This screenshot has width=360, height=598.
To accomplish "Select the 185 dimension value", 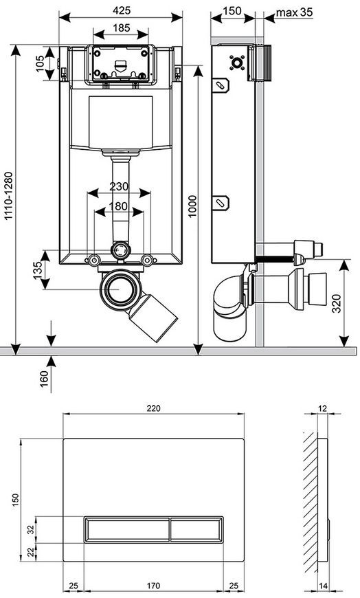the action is click(x=122, y=27).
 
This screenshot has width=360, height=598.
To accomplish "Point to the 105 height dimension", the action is click(x=40, y=63).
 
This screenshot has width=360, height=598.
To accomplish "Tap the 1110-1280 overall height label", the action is click(x=8, y=196).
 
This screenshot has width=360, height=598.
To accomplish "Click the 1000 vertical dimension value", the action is click(x=192, y=206).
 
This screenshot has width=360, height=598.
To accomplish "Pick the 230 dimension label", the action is click(x=119, y=187).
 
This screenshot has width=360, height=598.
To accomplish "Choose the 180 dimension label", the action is click(x=119, y=206).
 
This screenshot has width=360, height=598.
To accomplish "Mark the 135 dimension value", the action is click(x=38, y=270).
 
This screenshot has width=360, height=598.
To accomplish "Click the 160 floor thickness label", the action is click(x=44, y=379).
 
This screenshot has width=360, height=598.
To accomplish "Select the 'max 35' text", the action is click(x=294, y=12).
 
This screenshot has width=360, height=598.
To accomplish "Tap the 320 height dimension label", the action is click(x=336, y=304).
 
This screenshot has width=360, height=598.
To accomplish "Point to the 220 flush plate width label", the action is click(x=154, y=408).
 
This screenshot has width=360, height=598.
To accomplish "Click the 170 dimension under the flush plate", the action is click(x=153, y=586).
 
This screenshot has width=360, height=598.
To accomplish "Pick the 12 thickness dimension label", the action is click(x=323, y=408).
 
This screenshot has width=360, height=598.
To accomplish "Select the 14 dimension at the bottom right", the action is click(x=323, y=586).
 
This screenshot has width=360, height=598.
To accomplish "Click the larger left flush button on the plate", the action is click(x=126, y=529).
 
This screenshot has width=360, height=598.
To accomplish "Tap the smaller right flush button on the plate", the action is click(x=196, y=529).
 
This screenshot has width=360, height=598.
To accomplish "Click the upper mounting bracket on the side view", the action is click(x=221, y=85).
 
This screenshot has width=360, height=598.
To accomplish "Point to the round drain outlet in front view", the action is click(x=119, y=289).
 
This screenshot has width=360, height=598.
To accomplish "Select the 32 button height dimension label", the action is click(x=32, y=529).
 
